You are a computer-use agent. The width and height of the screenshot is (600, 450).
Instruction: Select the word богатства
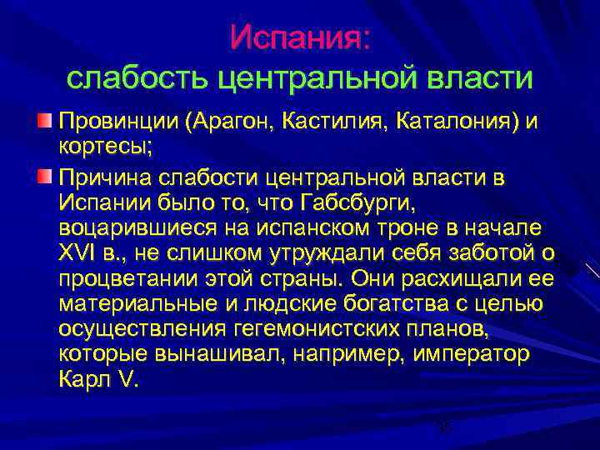[x=368, y=303]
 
